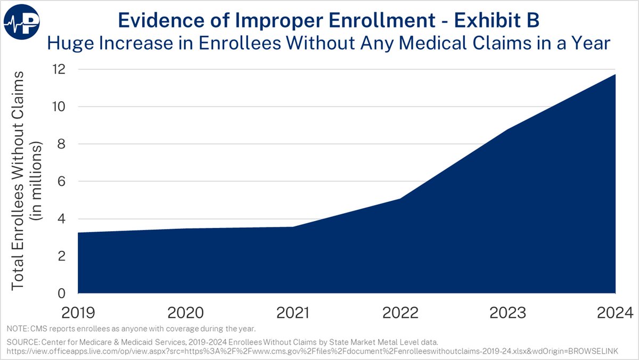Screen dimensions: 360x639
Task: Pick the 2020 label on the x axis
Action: pos(185,312)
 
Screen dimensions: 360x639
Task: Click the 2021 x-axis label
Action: pos(292,312)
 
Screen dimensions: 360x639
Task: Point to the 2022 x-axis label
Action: pos(400,312)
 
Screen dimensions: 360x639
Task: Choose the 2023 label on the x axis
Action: pos(507,312)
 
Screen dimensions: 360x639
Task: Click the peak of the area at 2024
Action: pos(615,75)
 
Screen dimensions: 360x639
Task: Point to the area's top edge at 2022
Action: pos(400,199)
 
